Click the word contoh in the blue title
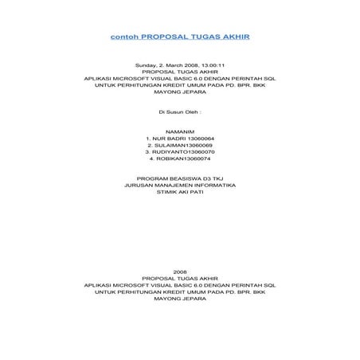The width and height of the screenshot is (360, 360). click(x=124, y=37)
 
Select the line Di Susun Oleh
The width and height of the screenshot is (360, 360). click(x=180, y=112)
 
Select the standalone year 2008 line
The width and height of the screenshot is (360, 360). click(x=180, y=272)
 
